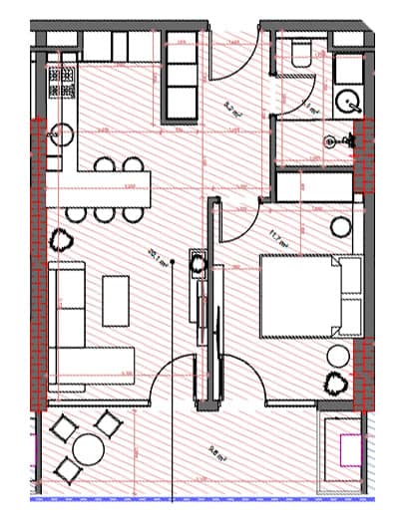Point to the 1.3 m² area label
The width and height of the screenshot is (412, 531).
tap(308, 107)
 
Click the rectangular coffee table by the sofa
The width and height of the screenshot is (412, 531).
tap(116, 300)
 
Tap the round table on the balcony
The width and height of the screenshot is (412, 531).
tap(88, 449)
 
